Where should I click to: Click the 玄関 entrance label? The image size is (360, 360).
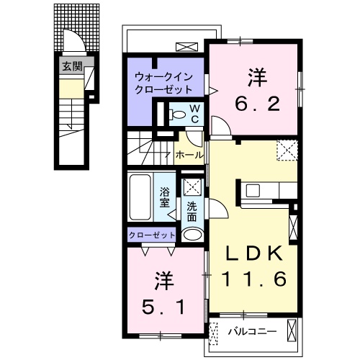point(71,67)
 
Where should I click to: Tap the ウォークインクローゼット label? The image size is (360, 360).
point(164,83)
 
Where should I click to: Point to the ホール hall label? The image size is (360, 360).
point(188,154)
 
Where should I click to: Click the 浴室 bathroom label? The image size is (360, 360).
point(165,197)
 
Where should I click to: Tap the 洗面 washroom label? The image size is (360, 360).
point(192,212)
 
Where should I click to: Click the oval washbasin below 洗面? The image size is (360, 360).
point(192,234)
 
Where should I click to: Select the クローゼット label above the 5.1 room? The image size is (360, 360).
point(152,235)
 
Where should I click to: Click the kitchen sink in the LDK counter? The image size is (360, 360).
point(253,190)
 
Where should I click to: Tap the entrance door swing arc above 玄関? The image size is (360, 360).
point(72,42)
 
